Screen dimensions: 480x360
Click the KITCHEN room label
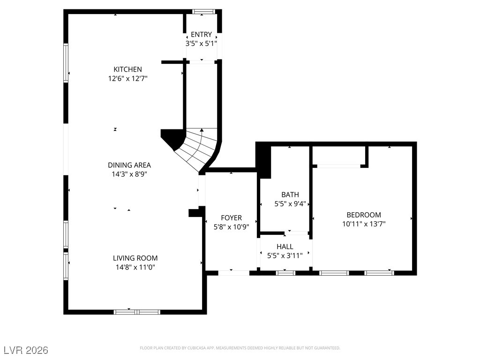[x=127, y=69]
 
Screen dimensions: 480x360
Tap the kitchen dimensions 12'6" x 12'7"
[x=127, y=79]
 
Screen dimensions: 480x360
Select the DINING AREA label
[x=129, y=165]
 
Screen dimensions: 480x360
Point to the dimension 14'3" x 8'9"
[x=129, y=174]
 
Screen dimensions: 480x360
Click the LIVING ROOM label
[x=135, y=258]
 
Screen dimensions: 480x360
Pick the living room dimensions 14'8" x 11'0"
[x=135, y=267]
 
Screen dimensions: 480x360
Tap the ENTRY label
[x=201, y=34]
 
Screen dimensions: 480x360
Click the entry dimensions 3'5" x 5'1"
[x=201, y=44]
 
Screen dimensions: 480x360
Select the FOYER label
[x=231, y=217]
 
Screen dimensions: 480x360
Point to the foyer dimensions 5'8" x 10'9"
[x=231, y=227]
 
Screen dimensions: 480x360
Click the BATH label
[x=290, y=195]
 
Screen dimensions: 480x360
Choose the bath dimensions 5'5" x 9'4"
[x=290, y=203]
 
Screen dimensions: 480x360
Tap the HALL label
[x=285, y=247]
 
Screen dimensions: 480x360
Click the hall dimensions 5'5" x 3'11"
[x=285, y=255]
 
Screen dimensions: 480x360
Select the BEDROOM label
[x=364, y=215]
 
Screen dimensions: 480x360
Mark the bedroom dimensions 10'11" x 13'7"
[x=364, y=224]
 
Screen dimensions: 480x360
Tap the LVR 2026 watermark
[x=26, y=350]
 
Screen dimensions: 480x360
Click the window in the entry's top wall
[x=203, y=12]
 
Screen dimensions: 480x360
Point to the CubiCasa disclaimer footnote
[x=240, y=348]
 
